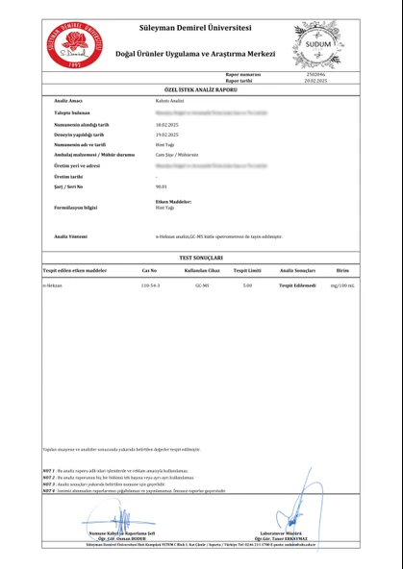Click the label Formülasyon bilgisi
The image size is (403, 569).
pyautogui.click(x=77, y=207)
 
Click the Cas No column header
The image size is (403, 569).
pyautogui.click(x=149, y=272)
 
